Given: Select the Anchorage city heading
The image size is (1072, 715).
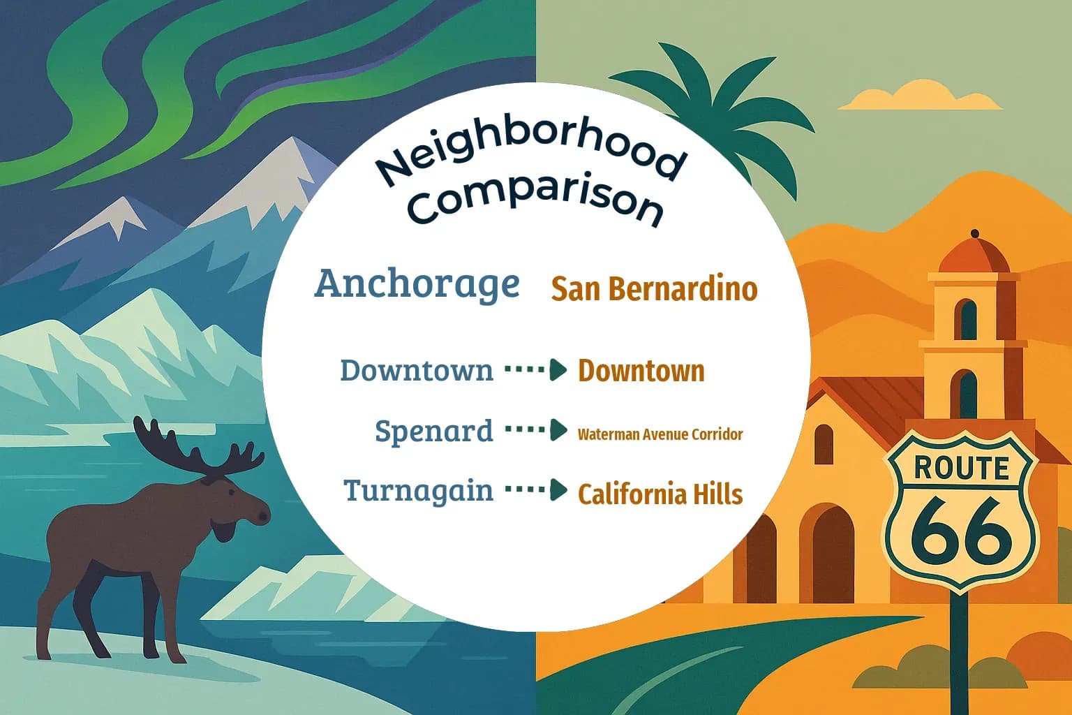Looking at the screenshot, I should pos(417,284).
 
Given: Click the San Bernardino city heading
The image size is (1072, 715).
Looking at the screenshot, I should pos(654,288).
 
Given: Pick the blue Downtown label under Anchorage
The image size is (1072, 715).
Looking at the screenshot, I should pos(416,370).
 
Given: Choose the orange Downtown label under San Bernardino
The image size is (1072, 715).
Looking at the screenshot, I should pos(641,371).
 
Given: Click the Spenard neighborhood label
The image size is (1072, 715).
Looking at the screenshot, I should pos(433,431).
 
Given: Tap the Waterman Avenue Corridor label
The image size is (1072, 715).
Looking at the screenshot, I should pos(660,434).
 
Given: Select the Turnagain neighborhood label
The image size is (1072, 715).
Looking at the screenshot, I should pos(418,491).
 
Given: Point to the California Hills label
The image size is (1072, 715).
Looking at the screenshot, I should pos(660,494).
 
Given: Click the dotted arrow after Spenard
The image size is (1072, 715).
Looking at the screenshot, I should pos(535,429).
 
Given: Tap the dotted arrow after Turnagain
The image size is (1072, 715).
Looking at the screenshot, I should pos(535,489).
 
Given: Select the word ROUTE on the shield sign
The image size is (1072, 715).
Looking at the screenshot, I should pos(961,468).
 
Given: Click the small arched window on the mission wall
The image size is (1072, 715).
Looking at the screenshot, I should pos(824,444).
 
